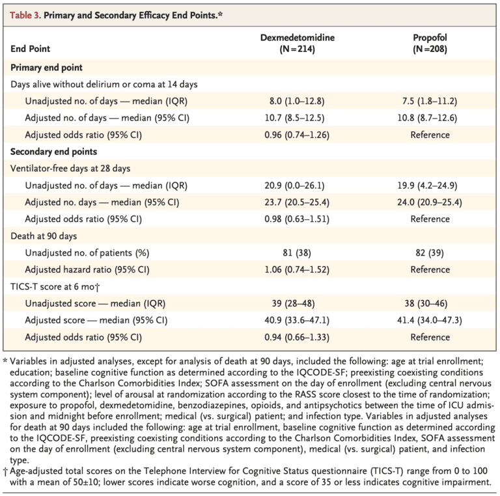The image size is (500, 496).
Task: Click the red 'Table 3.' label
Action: pyautogui.click(x=25, y=15)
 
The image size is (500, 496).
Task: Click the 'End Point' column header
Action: pyautogui.click(x=31, y=49)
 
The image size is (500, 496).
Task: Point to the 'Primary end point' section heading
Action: pyautogui.click(x=47, y=68)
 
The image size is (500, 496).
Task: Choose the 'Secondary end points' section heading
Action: pyautogui.click(x=53, y=152)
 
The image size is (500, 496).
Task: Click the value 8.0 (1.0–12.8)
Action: pyautogui.click(x=297, y=101)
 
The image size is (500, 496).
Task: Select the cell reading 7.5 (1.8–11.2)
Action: pyautogui.click(x=430, y=101)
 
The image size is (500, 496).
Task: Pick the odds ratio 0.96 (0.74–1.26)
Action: pyautogui.click(x=297, y=135)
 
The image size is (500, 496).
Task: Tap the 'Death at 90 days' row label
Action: pyautogui.click(x=44, y=236)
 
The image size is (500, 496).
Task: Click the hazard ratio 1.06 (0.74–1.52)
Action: pyautogui.click(x=297, y=269)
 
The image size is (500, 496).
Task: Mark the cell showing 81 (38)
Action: pyautogui.click(x=297, y=253)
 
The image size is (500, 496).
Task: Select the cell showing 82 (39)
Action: pyautogui.click(x=430, y=253)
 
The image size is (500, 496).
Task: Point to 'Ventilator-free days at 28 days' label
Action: pyautogui.click(x=70, y=169)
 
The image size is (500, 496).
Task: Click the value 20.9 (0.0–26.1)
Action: pyautogui.click(x=294, y=186)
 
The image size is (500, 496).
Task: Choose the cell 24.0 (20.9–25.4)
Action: pyautogui.click(x=430, y=202)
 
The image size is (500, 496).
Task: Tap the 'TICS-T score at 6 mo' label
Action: pyautogui.click(x=55, y=286)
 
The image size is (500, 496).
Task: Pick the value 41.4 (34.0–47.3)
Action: pyautogui.click(x=430, y=320)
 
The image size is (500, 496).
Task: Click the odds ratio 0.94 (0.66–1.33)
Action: pyautogui.click(x=297, y=337)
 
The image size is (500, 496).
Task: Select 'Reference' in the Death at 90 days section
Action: pyautogui.click(x=430, y=269)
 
